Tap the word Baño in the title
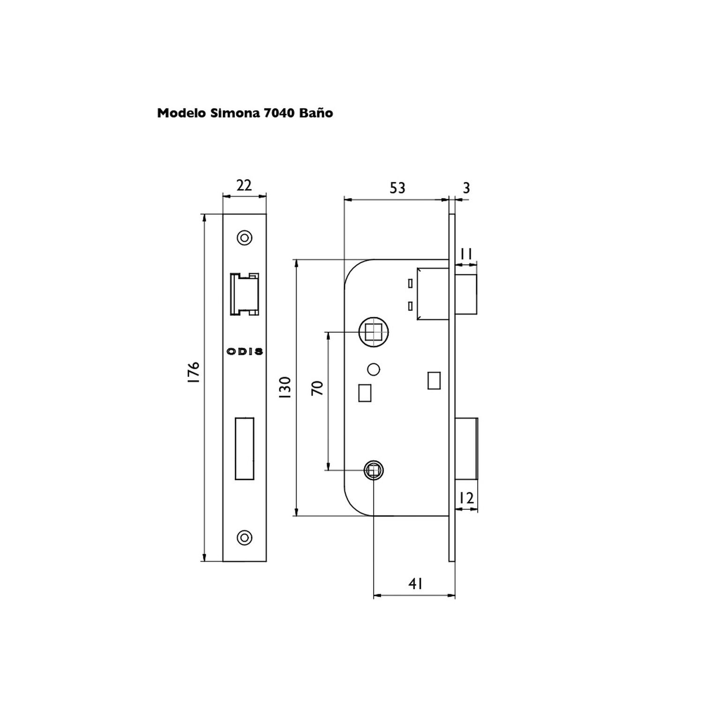316,113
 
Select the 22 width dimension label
244,186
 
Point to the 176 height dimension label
194,373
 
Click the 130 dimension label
285,388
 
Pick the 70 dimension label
318,388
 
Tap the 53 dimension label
397,188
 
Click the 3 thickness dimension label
466,188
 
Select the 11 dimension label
466,254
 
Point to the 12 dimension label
466,498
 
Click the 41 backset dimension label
416,584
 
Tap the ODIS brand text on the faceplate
245,351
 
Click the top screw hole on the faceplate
244,238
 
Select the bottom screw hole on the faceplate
244,537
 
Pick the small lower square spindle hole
374,470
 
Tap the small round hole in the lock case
374,370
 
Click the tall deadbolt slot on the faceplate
244,449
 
